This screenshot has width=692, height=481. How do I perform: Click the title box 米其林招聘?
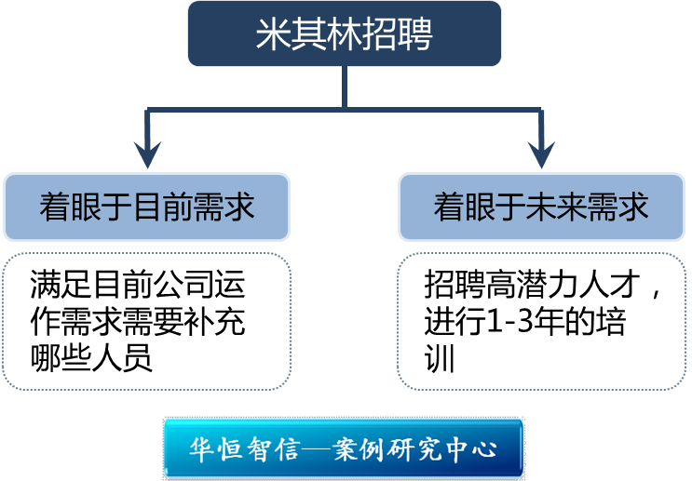click(x=346, y=33)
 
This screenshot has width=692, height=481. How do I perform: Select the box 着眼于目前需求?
click(x=146, y=206)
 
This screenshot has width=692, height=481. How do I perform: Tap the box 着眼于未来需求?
click(x=541, y=206)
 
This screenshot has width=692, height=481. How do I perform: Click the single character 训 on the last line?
click(x=439, y=358)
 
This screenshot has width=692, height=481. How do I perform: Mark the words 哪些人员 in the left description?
click(x=90, y=358)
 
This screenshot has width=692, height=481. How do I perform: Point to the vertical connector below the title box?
click(x=345, y=88)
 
